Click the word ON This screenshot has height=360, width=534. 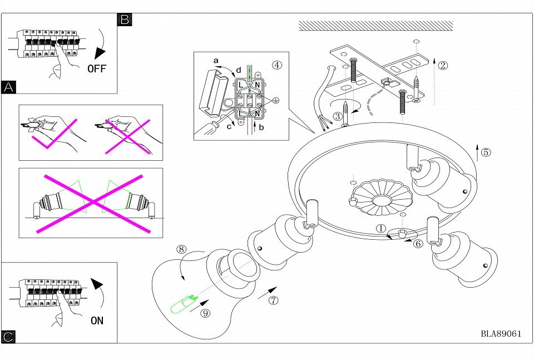97,320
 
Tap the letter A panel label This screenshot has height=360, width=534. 8,87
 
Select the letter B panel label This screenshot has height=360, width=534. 125,20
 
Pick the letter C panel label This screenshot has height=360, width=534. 8,337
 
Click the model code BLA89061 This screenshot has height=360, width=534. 501,334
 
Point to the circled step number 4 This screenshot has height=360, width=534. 277,65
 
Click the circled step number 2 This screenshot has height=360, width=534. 443,65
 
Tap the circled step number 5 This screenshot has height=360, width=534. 486,152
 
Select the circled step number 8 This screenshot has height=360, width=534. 181,249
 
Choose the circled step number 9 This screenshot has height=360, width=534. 205,313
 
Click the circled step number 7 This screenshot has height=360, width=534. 273,301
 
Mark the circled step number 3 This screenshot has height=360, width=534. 338,116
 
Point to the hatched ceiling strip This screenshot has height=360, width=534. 375,26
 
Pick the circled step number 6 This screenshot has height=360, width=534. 418,243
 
